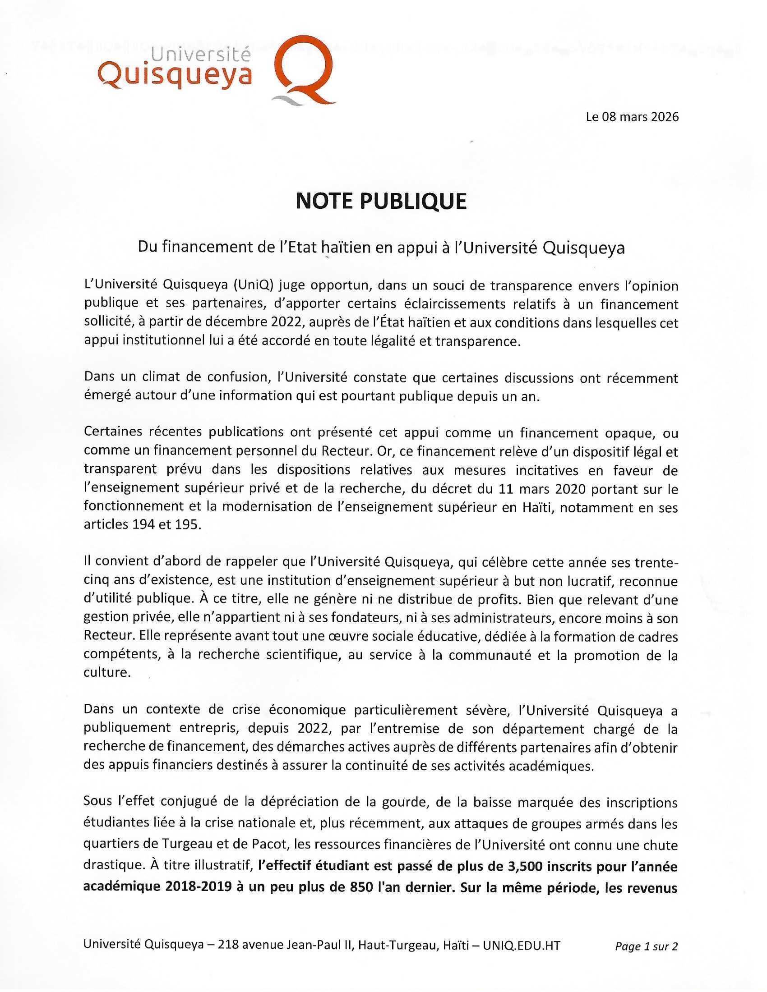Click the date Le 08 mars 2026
[632, 117]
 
